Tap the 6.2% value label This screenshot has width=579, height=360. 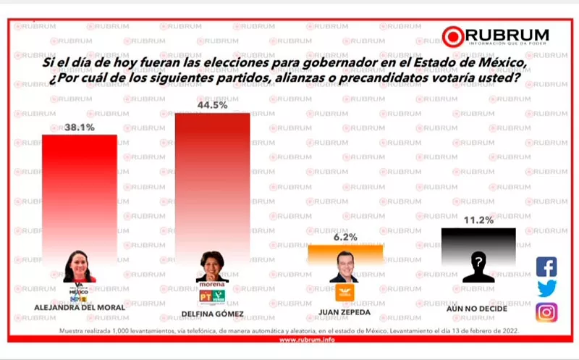[345, 236]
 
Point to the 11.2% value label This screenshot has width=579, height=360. [478, 220]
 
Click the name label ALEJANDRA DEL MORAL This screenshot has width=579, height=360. [80, 306]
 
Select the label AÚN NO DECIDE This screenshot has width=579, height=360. [478, 308]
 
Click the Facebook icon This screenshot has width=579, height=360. [546, 267]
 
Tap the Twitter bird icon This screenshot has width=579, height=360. [546, 289]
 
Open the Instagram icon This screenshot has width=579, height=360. [546, 312]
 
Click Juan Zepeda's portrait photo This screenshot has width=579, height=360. [345, 267]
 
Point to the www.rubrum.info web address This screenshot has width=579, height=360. [289, 339]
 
